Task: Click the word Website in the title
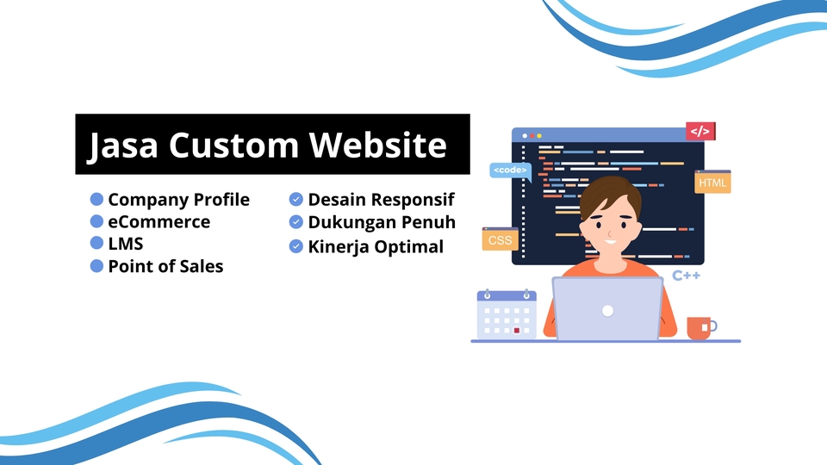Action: click(x=377, y=145)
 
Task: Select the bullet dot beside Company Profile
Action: click(x=96, y=199)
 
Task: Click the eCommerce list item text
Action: click(x=159, y=222)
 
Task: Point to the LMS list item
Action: click(x=126, y=244)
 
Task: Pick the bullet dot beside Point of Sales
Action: click(x=96, y=266)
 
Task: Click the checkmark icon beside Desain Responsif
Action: click(x=295, y=199)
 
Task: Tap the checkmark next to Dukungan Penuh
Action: click(x=295, y=222)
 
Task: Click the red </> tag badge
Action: click(x=700, y=131)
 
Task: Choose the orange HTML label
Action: click(x=712, y=182)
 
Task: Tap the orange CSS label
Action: click(x=500, y=239)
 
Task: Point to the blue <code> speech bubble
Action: click(x=510, y=170)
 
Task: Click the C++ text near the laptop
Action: click(x=687, y=276)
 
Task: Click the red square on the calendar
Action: click(x=517, y=331)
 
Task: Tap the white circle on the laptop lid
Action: click(x=607, y=311)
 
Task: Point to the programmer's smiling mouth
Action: click(x=610, y=242)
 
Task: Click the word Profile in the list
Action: click(x=221, y=199)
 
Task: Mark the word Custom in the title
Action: click(x=233, y=145)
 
